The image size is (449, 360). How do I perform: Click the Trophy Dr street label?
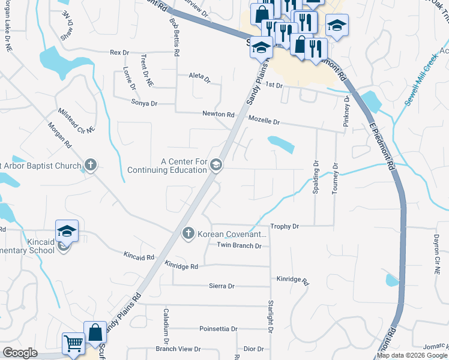(x=285, y=226)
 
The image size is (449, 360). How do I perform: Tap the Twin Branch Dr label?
(x=240, y=245)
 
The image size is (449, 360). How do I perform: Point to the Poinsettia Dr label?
(x=219, y=329)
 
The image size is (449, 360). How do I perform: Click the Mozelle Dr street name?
(x=264, y=121)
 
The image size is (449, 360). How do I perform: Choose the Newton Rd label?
(x=218, y=114)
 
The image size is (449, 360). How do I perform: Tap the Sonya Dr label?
(x=144, y=103)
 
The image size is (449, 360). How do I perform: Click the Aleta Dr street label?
(x=199, y=79)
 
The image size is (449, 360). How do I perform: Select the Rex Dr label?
(x=119, y=53)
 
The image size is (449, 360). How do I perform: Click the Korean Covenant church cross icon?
(x=188, y=233)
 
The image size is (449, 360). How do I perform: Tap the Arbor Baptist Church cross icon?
(x=90, y=164)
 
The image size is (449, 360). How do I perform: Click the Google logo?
(x=20, y=353)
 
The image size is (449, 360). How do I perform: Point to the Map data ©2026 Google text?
(x=412, y=355)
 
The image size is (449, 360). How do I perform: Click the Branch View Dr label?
(x=178, y=349)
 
